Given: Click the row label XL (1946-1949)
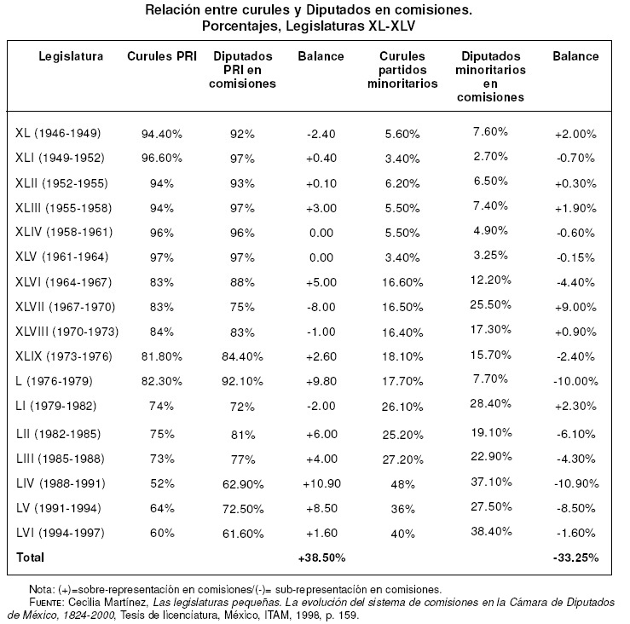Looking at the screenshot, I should pos(58,133).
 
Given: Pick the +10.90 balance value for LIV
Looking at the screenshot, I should pos(321,483).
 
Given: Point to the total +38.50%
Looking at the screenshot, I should pos(321,558).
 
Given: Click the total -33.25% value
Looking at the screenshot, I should pos(575,558).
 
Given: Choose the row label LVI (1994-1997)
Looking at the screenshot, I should pos(59,533).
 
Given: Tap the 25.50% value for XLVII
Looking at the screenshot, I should pos(490,305).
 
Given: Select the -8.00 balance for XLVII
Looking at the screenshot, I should pos(321,306).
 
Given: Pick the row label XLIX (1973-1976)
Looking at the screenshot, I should pos(63,355).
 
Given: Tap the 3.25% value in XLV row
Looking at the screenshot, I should pos(490,255).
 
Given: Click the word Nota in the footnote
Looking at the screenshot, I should pos(40,589).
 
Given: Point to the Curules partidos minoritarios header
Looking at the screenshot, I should pos(402,70).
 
